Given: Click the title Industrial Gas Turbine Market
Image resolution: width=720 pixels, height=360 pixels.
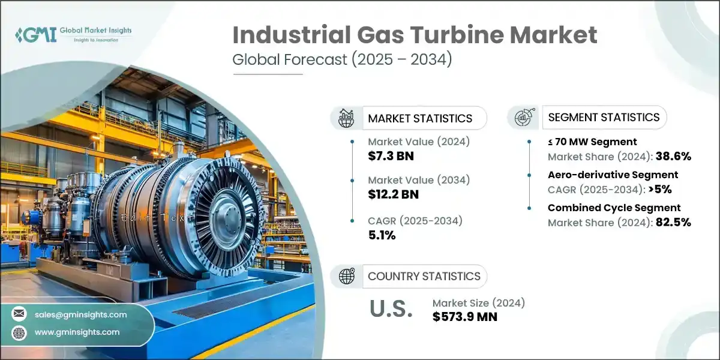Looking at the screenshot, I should pyautogui.click(x=415, y=35).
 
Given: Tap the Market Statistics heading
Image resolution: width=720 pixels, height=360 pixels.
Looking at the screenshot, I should pyautogui.click(x=420, y=118).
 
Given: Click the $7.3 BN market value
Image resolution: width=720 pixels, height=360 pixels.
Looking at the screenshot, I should pyautogui.click(x=391, y=156).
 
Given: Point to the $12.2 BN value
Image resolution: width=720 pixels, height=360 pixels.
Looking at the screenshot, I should pyautogui.click(x=394, y=194).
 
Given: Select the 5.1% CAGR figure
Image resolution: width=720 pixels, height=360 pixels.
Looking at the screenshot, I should pyautogui.click(x=382, y=235).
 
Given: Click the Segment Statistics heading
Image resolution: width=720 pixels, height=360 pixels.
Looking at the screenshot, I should pyautogui.click(x=604, y=117).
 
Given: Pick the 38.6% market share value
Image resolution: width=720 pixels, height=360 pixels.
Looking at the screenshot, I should pyautogui.click(x=674, y=157).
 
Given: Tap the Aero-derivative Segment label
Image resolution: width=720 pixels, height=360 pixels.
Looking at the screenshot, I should pyautogui.click(x=613, y=175).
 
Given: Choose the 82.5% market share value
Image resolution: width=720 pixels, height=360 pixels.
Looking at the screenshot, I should pyautogui.click(x=674, y=223).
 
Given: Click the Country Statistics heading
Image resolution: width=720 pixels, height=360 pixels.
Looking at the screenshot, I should pyautogui.click(x=424, y=276).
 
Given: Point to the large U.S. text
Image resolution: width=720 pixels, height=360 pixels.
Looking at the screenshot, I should pyautogui.click(x=391, y=309).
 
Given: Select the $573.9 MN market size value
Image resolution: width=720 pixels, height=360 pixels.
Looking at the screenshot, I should pyautogui.click(x=464, y=317).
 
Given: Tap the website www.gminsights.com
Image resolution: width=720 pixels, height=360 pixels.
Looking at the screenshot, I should pyautogui.click(x=77, y=332).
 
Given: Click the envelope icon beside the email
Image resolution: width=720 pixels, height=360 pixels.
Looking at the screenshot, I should pyautogui.click(x=19, y=314).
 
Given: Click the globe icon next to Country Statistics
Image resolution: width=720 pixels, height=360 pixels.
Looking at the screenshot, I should pyautogui.click(x=346, y=276).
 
